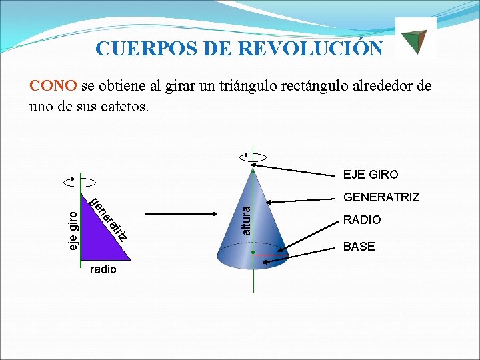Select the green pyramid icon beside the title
[416, 39]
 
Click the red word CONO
[53, 86]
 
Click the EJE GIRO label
[371, 175]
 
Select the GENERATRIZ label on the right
[381, 197]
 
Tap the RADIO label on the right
[362, 220]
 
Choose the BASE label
[359, 247]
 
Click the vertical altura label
[246, 219]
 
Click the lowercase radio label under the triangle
[103, 269]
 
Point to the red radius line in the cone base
[269, 255]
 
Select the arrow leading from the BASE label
[300, 257]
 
